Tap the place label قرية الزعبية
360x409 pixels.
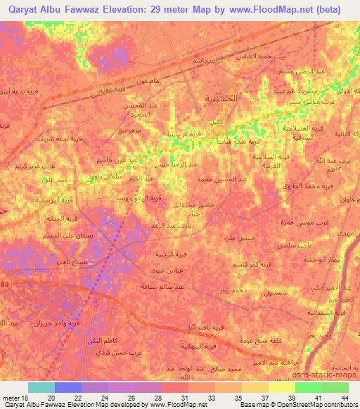(172, 254)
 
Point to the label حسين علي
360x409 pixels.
(238, 239)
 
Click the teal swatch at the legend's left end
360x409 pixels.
(41, 387)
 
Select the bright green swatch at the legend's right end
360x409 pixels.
(335, 387)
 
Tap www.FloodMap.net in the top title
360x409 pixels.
(266, 10)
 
